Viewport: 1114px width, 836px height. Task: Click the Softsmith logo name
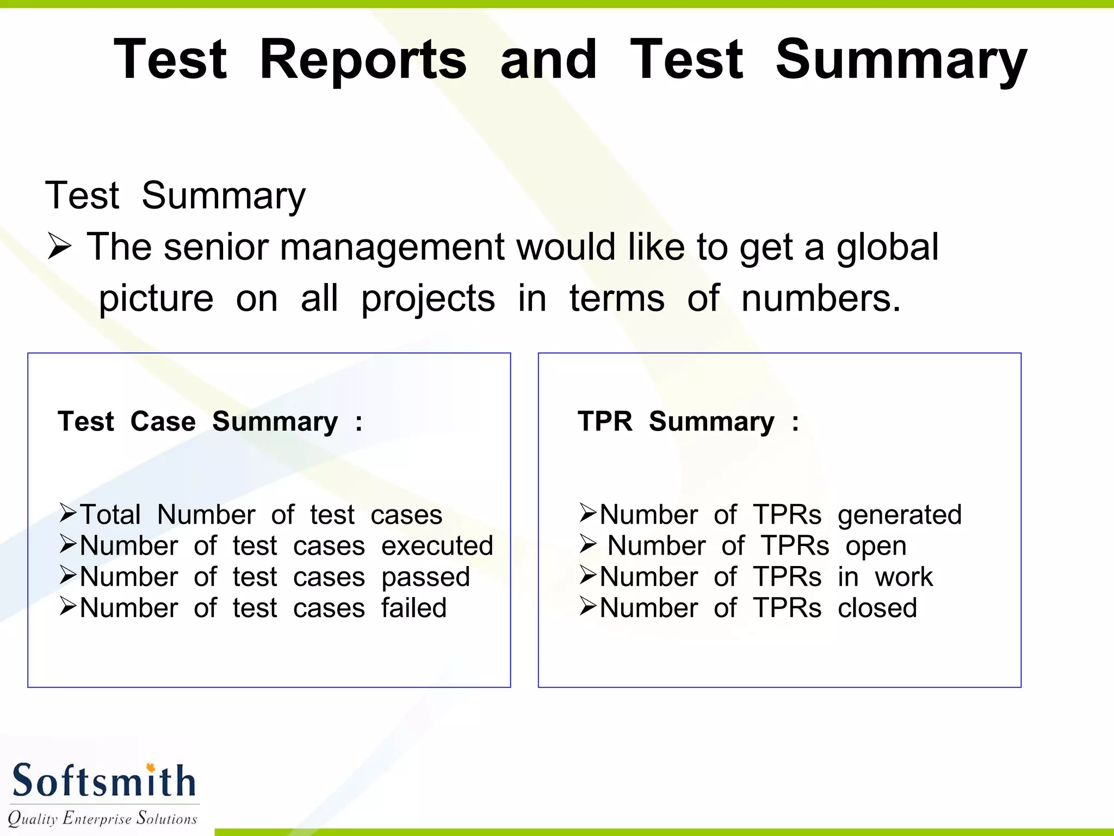click(x=103, y=781)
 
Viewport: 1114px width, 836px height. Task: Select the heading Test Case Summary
click(x=209, y=422)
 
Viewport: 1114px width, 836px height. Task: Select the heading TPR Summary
click(x=688, y=422)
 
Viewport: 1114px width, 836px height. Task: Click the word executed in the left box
click(x=437, y=546)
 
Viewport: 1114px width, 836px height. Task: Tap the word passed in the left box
click(x=425, y=577)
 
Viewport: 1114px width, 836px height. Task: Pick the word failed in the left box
click(x=413, y=608)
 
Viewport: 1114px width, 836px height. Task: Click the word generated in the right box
click(x=900, y=515)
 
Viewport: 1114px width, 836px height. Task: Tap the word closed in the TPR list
click(x=877, y=608)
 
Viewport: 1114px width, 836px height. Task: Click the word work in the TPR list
click(x=903, y=577)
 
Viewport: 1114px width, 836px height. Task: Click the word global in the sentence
click(x=888, y=248)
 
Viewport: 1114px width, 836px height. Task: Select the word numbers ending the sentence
click(x=820, y=299)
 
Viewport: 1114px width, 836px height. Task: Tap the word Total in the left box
click(x=110, y=515)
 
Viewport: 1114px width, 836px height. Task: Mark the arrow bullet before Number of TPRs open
click(x=588, y=544)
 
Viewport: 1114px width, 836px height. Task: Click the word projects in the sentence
click(x=428, y=300)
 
